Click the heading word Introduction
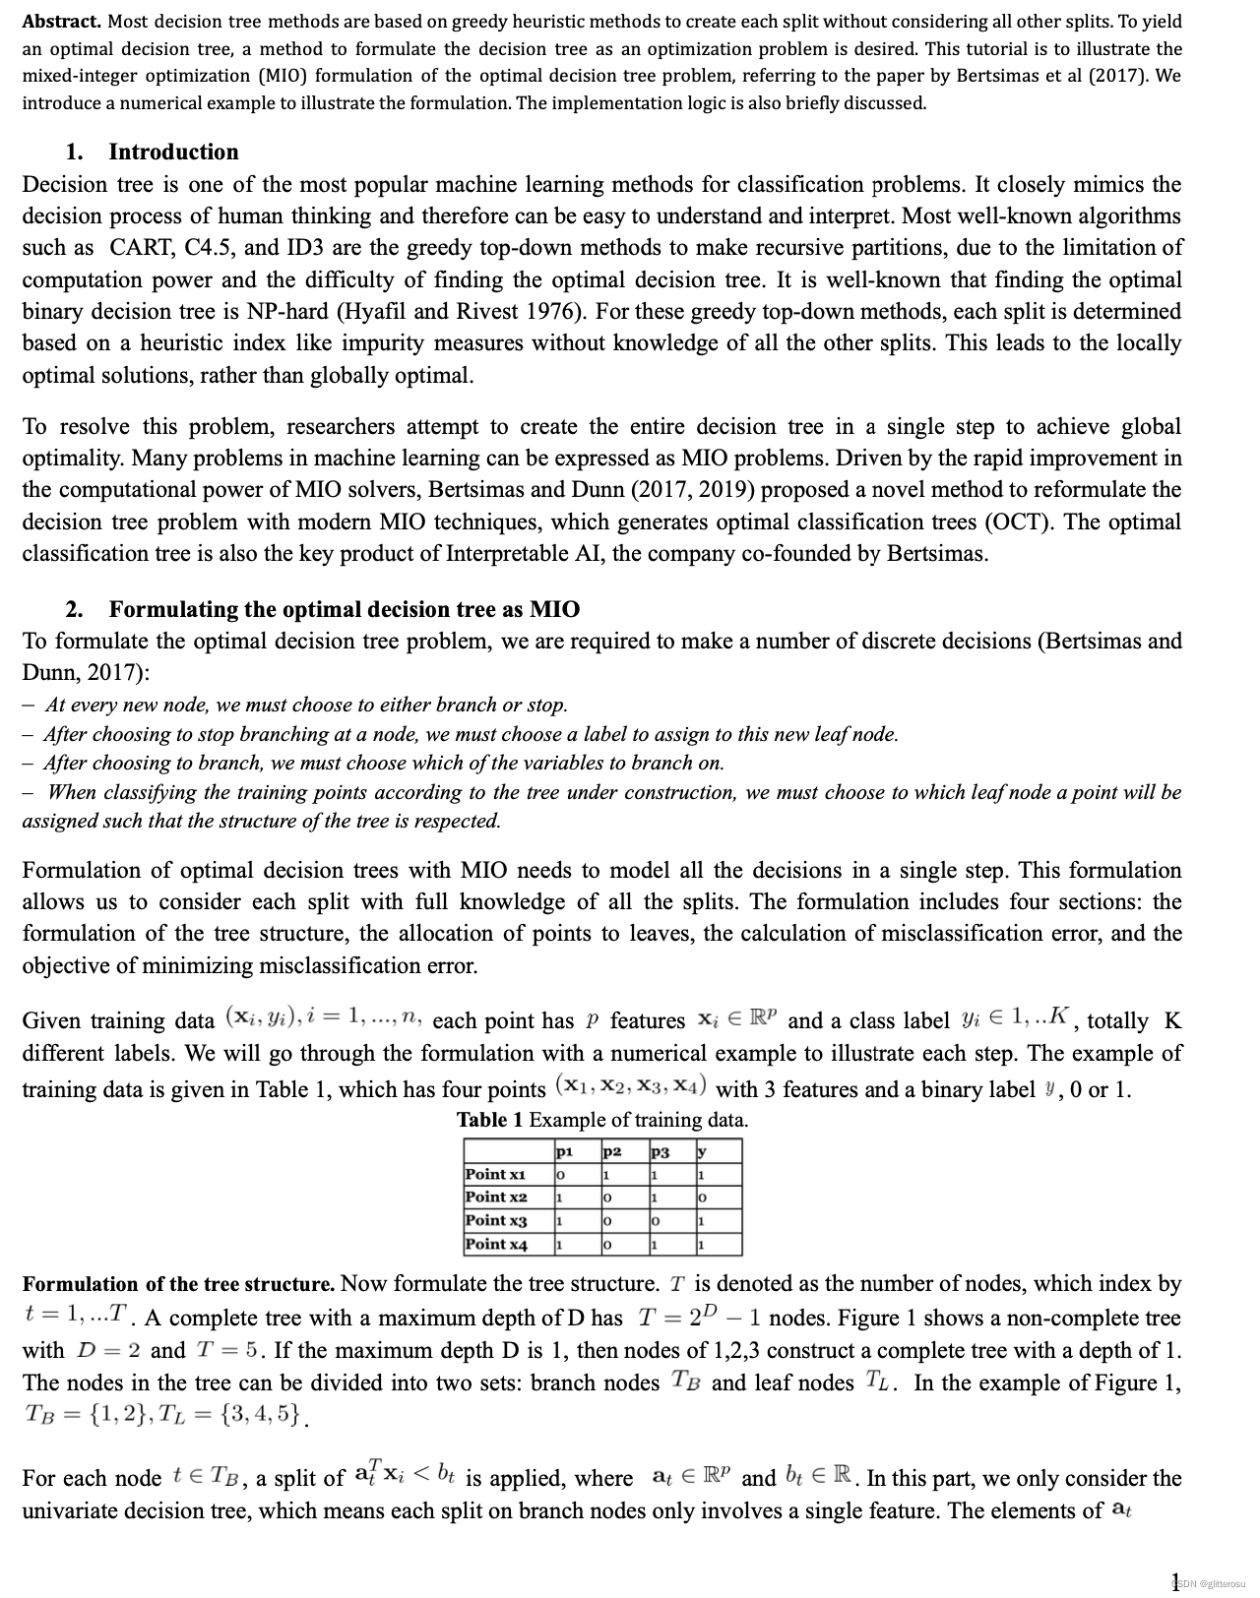click(x=173, y=152)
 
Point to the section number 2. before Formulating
click(x=74, y=609)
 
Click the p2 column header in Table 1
click(x=611, y=1151)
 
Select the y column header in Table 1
click(x=702, y=1151)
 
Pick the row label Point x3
click(x=496, y=1220)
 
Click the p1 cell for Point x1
click(x=560, y=1175)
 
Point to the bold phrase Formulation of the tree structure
click(x=178, y=1284)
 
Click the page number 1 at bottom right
click(x=1174, y=1582)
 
